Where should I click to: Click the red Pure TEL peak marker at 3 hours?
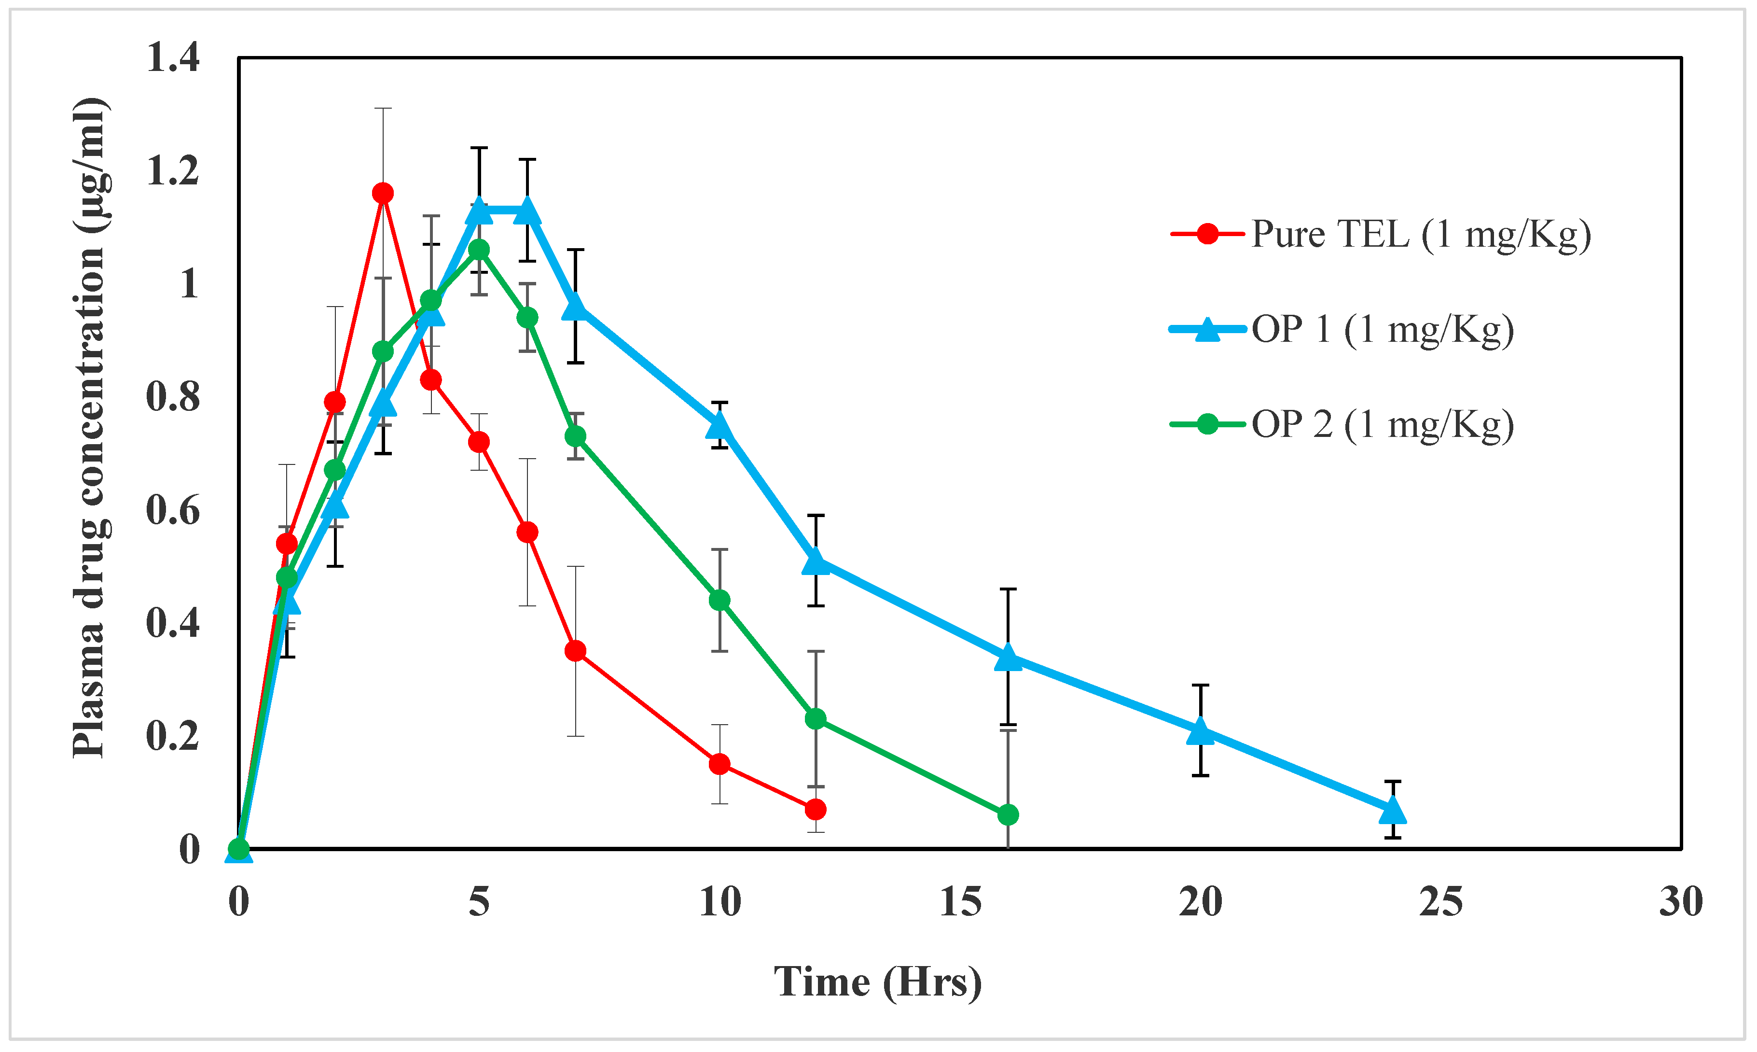coord(383,193)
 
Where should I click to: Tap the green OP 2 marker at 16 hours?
coord(1008,815)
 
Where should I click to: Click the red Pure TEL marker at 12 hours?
coord(816,809)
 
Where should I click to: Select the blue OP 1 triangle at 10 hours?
coord(719,426)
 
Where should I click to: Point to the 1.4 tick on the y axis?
coord(173,57)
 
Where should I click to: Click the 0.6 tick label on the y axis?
coord(173,510)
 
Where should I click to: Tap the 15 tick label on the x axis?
coord(960,902)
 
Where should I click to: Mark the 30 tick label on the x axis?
coord(1680,902)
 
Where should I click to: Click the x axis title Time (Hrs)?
coord(877,982)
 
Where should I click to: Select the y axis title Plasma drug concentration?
coord(91,428)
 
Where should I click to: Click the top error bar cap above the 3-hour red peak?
coord(383,109)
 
